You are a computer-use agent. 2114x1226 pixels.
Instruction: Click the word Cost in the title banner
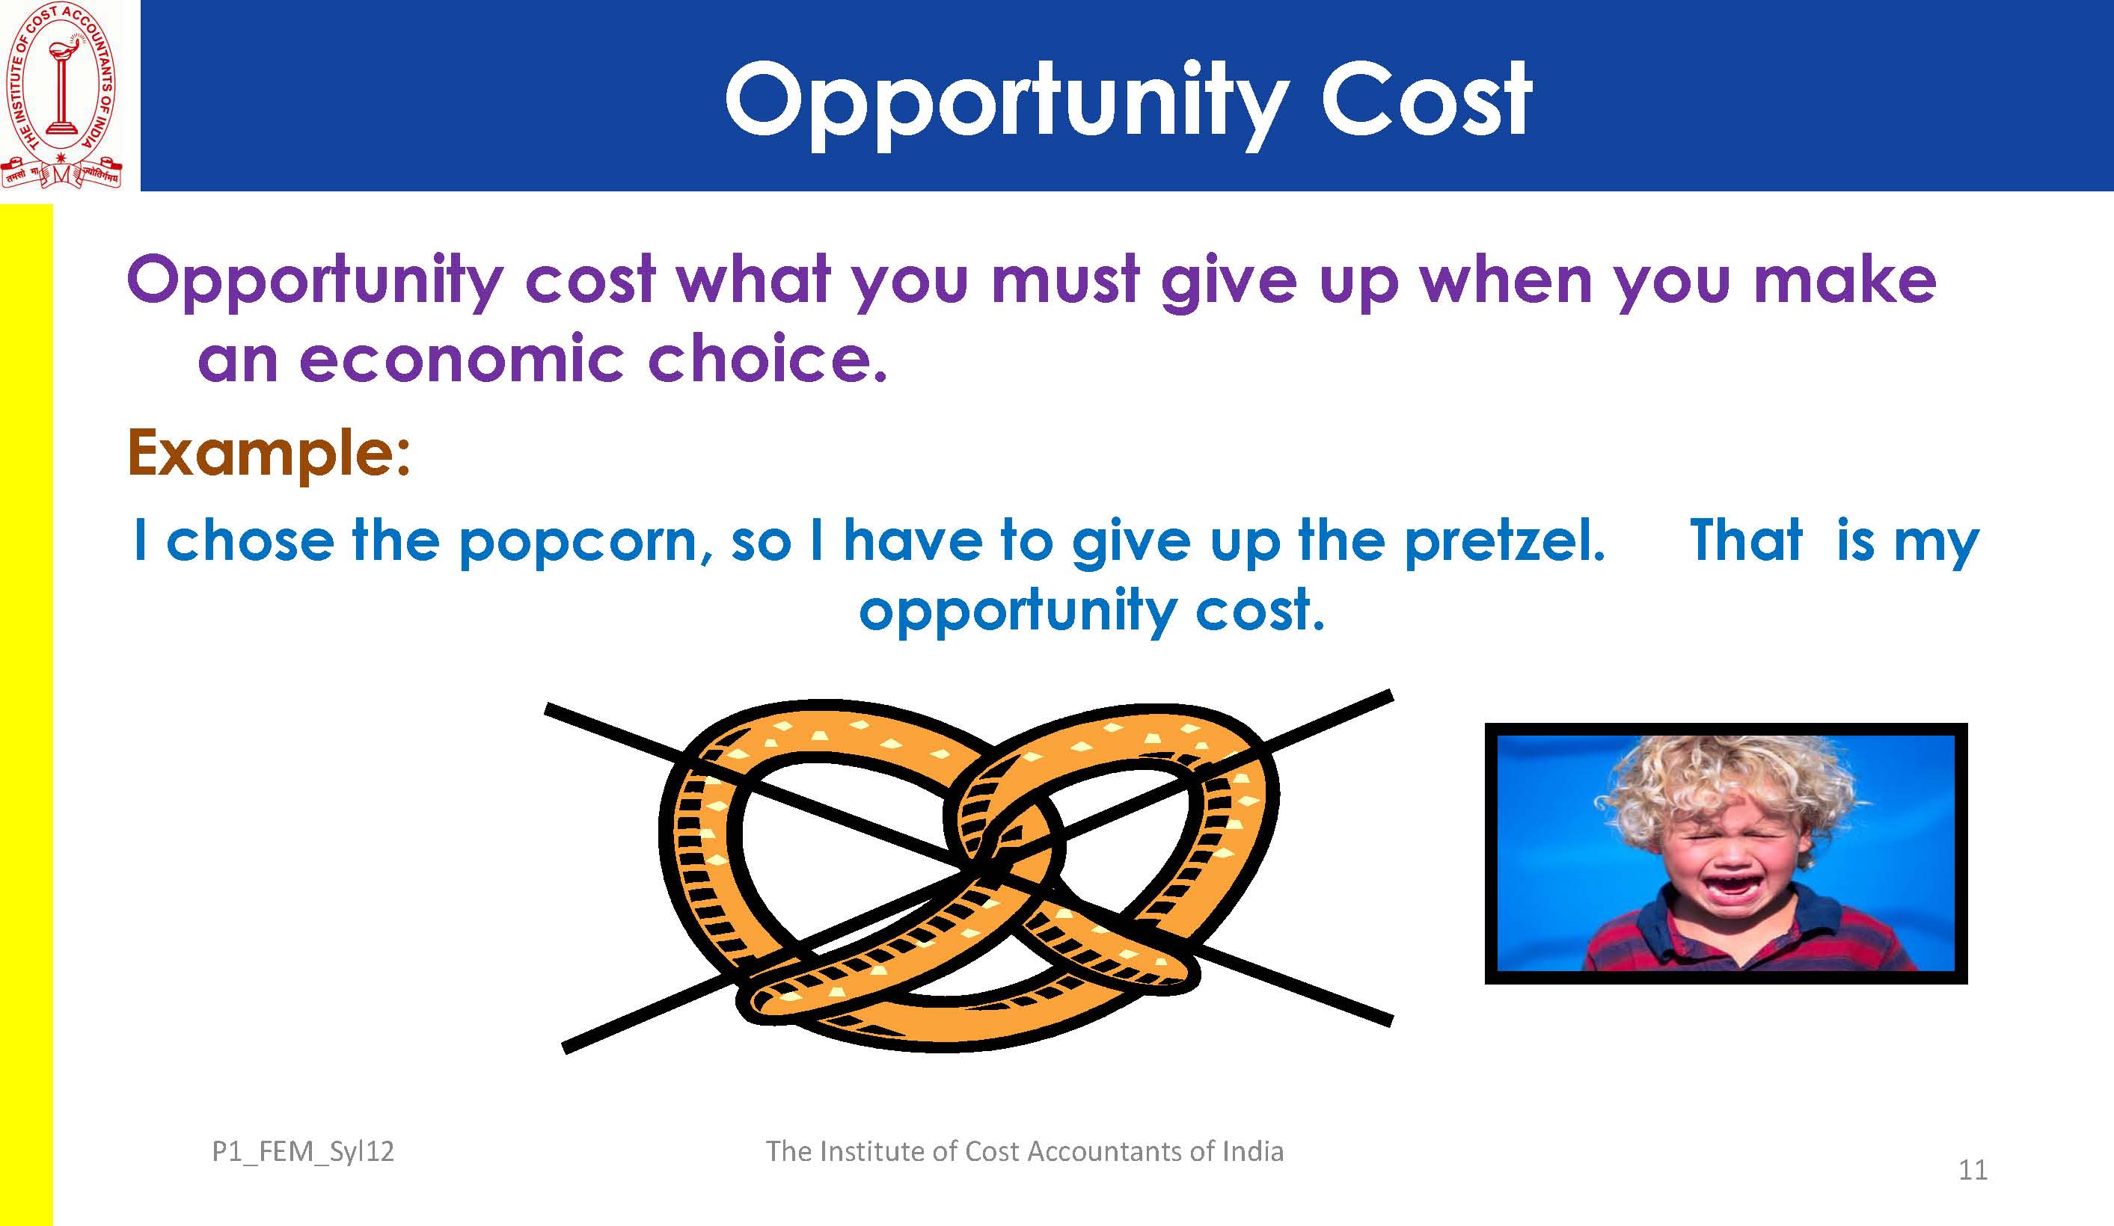[1426, 99]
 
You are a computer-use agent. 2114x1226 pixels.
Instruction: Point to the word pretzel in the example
[1504, 543]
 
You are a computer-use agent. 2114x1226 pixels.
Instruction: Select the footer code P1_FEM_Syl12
[303, 1152]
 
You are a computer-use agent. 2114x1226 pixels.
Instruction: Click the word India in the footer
[1252, 1151]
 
